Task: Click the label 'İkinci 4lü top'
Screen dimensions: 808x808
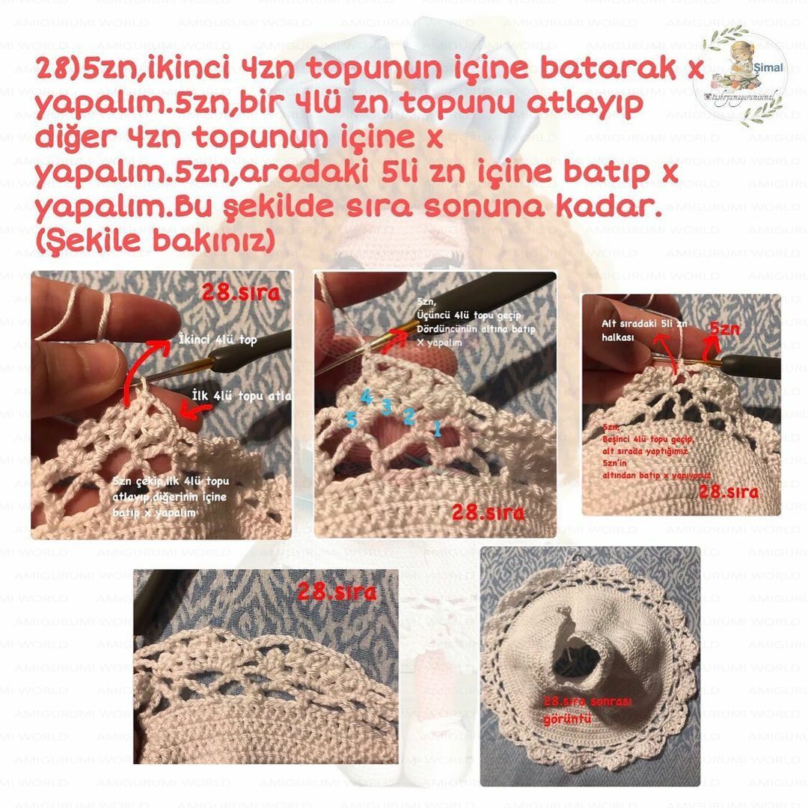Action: tap(218, 340)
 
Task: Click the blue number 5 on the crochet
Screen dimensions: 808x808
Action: tap(351, 420)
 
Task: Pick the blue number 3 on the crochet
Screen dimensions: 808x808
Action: tap(386, 406)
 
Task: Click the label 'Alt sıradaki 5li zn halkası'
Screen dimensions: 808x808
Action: tap(632, 330)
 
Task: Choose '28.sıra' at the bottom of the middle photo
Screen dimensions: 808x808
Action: tap(487, 512)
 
